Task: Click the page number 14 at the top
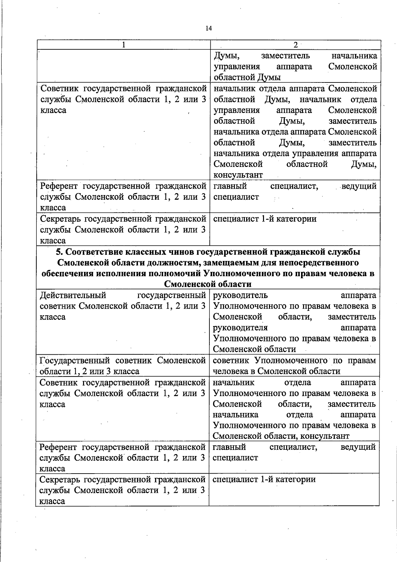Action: (208, 28)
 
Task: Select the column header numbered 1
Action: (124, 45)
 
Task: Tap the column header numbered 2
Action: (295, 45)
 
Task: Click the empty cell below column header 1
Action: (123, 66)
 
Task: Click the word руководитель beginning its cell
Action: (240, 295)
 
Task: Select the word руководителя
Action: (240, 328)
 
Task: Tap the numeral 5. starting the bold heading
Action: (59, 252)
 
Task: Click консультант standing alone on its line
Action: (238, 175)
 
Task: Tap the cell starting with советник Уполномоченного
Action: (294, 366)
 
